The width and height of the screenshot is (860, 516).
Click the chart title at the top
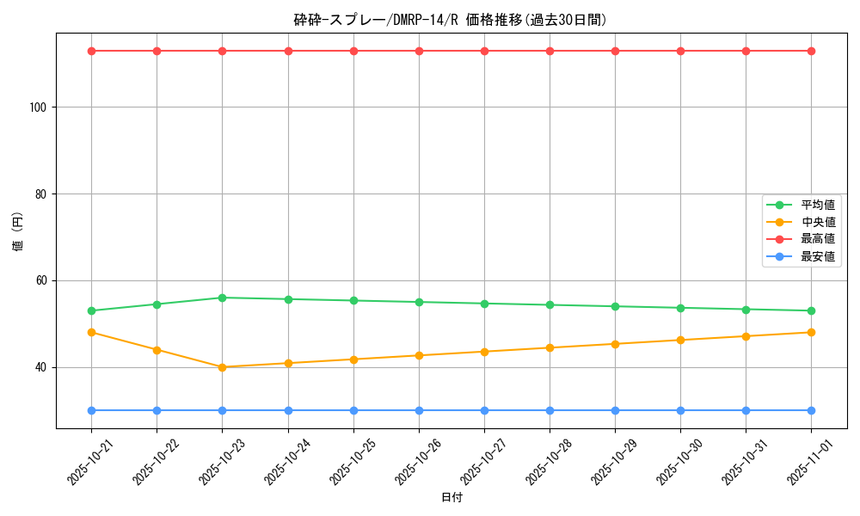pos(451,20)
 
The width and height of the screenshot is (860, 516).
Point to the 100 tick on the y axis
pos(40,107)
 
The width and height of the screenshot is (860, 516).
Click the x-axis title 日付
pos(451,498)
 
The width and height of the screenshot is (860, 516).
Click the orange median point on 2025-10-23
pos(222,367)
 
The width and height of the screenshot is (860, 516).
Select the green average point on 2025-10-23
pos(222,298)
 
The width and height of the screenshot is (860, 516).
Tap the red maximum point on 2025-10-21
pos(91,51)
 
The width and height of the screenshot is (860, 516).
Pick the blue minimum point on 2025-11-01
pos(811,410)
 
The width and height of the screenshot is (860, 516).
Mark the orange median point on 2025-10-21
pos(91,332)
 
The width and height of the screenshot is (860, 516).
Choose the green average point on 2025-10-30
pos(680,308)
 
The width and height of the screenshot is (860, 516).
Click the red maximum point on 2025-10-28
pos(550,51)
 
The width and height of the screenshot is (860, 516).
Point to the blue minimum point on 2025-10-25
pos(353,410)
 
